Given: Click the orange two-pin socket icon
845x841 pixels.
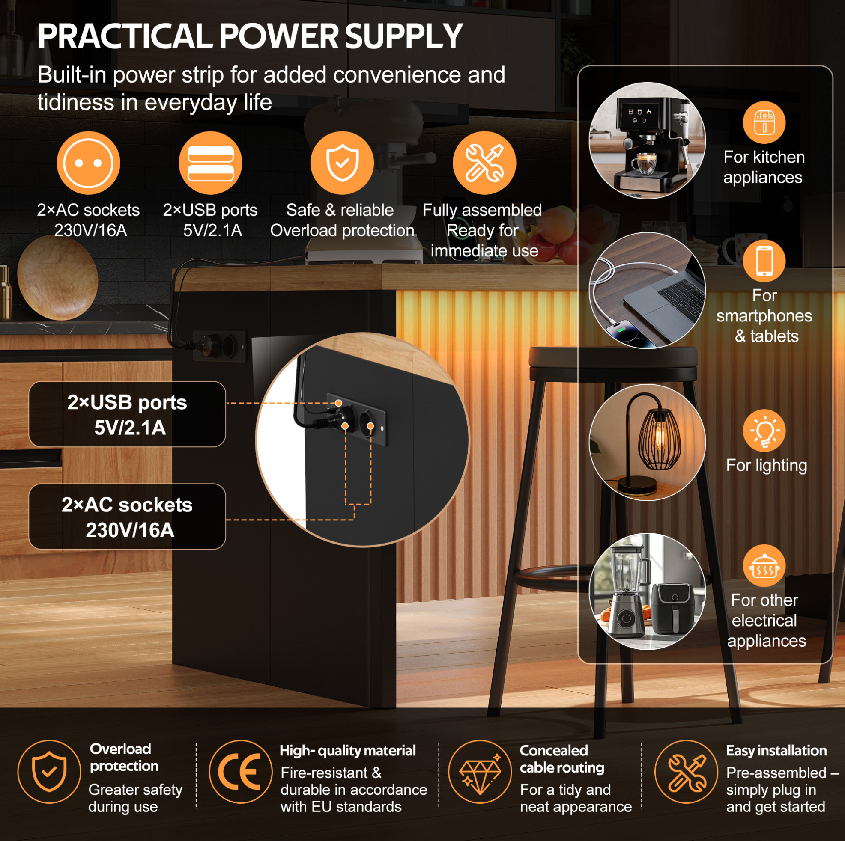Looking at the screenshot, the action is tap(88, 163).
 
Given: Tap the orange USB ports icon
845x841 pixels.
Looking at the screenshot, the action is tap(210, 163).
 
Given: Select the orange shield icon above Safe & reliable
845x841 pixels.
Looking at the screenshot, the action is tap(342, 163).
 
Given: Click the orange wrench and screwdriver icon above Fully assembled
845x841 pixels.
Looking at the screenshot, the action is tap(484, 163).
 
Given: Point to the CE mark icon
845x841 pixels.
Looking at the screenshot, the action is tap(241, 772).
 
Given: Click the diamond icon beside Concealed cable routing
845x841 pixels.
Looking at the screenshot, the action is tap(480, 772).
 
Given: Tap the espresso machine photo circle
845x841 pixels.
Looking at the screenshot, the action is tap(647, 141).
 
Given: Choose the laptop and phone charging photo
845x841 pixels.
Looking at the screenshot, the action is tap(647, 290).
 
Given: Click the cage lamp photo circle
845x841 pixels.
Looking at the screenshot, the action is tap(647, 443).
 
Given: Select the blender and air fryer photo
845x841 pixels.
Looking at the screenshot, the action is tap(647, 591).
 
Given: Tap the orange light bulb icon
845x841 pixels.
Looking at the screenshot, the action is tap(764, 431).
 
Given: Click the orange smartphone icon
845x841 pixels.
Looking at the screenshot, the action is tap(764, 261).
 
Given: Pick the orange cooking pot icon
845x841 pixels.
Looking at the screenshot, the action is tap(764, 566).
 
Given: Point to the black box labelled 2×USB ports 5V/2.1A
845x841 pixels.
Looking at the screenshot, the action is tap(127, 414).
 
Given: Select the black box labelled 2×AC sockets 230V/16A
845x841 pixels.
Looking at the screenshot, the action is tap(127, 516).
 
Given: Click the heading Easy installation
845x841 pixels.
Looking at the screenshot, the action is tap(776, 751).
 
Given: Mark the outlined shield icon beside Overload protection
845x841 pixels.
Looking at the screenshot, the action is tap(49, 772).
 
